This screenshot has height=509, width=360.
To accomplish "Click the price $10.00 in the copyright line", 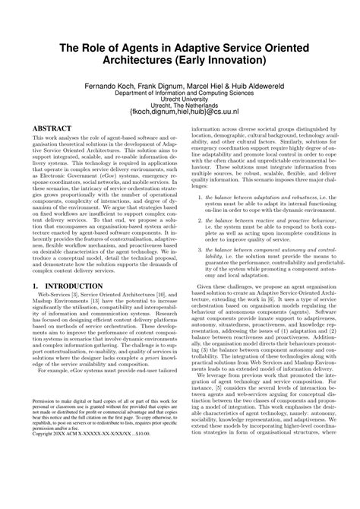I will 154,490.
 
